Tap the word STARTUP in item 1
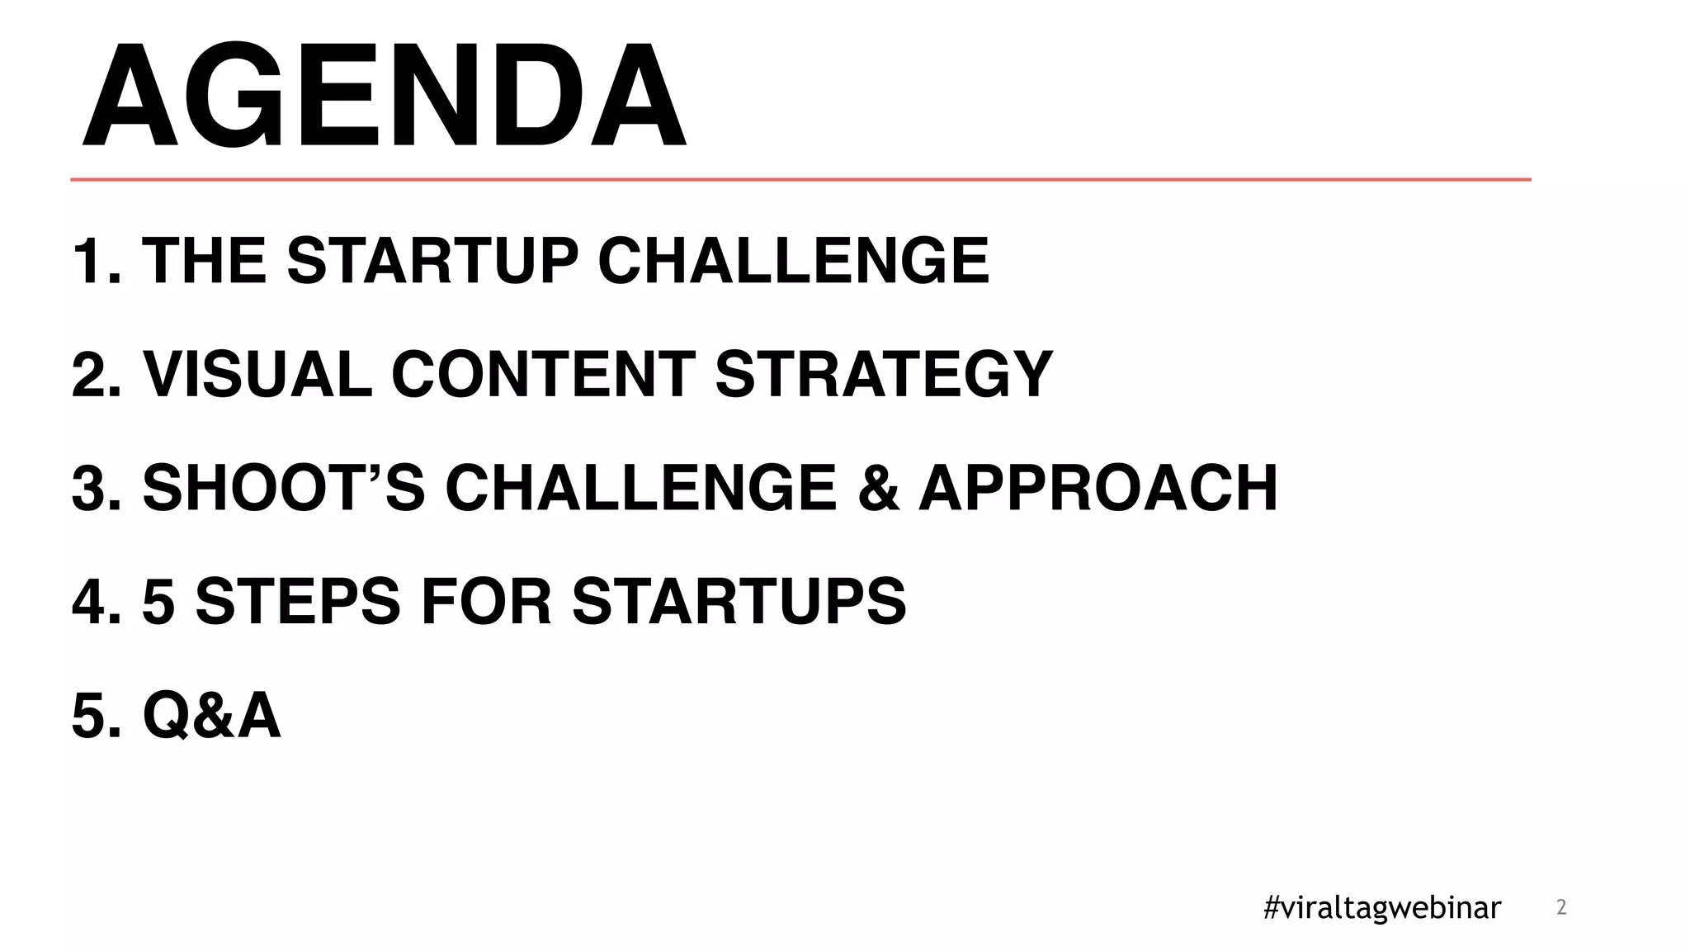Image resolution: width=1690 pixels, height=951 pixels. point(432,261)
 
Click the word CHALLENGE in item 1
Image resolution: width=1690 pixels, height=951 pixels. point(793,261)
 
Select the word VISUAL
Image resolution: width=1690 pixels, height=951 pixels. point(257,374)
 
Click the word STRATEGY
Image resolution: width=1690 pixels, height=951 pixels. point(884,374)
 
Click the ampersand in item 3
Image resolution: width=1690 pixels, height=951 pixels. point(878,488)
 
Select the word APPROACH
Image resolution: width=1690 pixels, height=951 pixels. point(1098,488)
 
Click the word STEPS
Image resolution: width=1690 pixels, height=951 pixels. point(298,601)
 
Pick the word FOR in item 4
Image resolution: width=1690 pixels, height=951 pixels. point(486,601)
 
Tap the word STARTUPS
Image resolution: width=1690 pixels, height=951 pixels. point(739,601)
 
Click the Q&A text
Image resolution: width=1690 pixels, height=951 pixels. point(211,715)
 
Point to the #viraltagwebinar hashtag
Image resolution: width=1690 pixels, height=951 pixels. point(1382,907)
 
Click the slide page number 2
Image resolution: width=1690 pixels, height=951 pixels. point(1560,907)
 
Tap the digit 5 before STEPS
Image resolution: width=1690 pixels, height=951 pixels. point(158,601)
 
